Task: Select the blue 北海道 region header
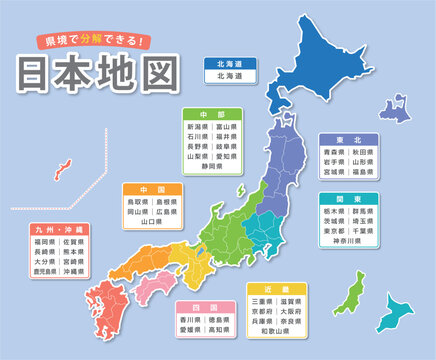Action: (229, 63)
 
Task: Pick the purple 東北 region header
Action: (348, 140)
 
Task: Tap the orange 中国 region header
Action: (151, 188)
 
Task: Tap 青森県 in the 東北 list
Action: (331, 156)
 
